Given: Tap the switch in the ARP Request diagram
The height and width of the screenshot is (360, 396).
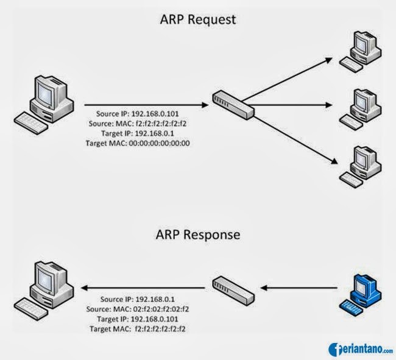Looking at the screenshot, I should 233,105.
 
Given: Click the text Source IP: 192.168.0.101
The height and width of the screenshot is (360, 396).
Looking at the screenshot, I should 144,114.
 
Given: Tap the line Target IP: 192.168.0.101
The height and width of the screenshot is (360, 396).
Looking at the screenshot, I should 144,319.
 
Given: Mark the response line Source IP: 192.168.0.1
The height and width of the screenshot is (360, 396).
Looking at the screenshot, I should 144,300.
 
